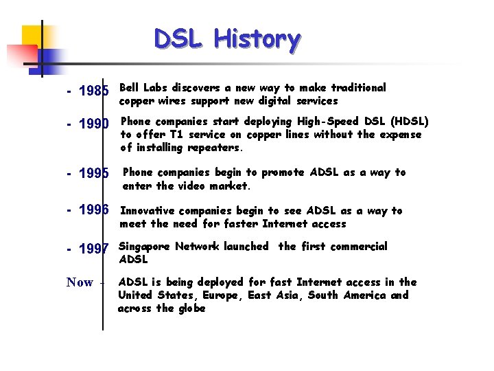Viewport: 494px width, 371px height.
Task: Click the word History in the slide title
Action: [257, 40]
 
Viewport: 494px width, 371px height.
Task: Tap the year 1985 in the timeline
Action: [95, 91]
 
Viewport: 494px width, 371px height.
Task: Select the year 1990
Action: [95, 124]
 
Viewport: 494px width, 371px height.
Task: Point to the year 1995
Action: [95, 175]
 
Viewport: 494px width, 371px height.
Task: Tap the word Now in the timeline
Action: [80, 282]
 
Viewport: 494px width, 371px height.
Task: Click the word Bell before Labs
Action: [130, 88]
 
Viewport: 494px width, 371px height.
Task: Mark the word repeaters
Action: [215, 148]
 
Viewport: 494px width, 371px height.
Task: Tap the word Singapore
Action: [144, 247]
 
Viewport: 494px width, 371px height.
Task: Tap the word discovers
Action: [196, 88]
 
